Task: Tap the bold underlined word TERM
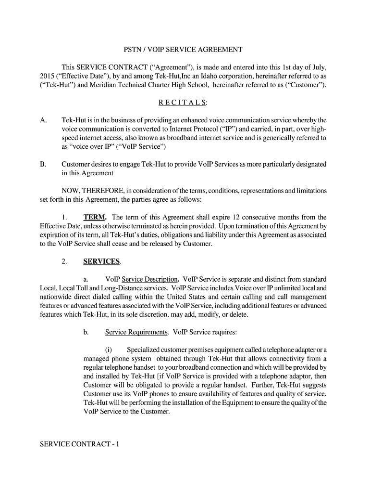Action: pos(95,217)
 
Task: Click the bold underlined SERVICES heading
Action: pos(102,261)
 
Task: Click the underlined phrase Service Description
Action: pos(150,279)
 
